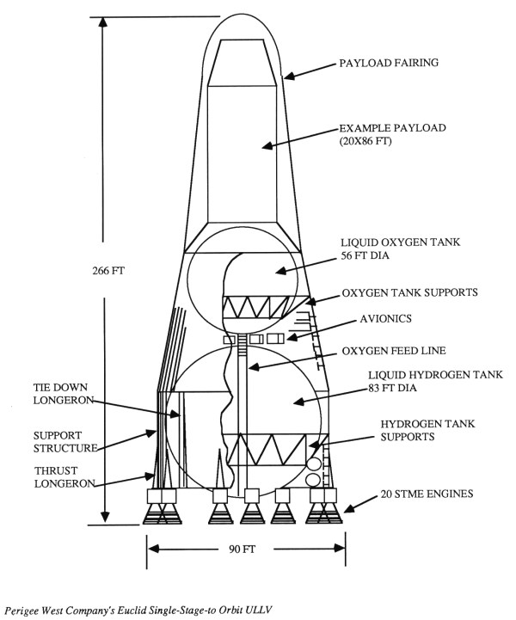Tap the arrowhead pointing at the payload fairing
pos(289,77)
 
